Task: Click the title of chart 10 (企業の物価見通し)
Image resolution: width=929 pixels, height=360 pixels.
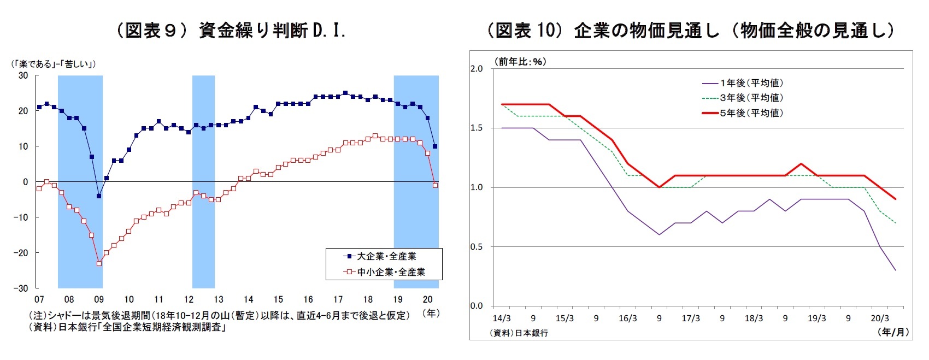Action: click(691, 31)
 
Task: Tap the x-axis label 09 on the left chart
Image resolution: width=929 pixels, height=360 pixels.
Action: click(99, 299)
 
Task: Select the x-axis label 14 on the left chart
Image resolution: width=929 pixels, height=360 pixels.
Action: click(249, 299)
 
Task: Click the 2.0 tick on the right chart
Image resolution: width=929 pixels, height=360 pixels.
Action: click(477, 69)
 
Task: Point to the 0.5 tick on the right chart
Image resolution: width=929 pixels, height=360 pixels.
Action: click(477, 247)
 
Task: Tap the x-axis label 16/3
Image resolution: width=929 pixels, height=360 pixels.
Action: click(628, 318)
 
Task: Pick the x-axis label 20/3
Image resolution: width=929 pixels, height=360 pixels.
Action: click(880, 318)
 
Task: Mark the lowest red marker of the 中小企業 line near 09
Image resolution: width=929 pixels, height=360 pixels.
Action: click(99, 263)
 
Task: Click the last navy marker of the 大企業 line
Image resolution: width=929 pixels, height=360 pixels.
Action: click(435, 146)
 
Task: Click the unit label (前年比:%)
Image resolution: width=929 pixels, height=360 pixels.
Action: click(520, 62)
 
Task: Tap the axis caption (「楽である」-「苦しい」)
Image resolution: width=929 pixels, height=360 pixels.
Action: click(54, 64)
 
